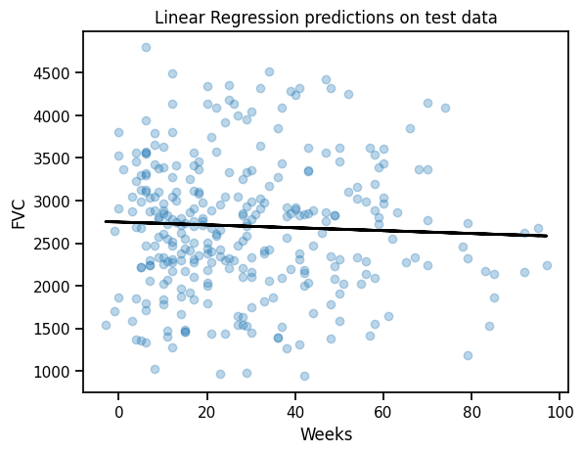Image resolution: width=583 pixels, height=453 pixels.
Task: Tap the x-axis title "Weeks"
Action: point(326,434)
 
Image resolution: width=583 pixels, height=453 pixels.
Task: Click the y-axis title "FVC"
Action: point(19,214)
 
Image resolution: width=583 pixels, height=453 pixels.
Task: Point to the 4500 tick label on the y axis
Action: point(52,73)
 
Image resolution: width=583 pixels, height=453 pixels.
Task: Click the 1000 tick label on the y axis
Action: point(52,372)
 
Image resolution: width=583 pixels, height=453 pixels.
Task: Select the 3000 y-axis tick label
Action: point(52,202)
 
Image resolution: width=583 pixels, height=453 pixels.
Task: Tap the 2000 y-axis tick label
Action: point(52,287)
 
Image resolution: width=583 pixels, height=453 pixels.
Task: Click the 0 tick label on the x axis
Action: point(118,412)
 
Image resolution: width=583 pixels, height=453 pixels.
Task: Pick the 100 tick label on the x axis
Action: point(560,412)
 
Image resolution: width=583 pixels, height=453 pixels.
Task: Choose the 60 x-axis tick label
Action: point(383,412)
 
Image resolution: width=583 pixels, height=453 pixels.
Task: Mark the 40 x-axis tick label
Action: point(295,412)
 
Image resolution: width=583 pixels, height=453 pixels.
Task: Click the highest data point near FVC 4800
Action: point(146,47)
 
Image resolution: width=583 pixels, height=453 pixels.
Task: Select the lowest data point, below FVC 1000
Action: point(304,376)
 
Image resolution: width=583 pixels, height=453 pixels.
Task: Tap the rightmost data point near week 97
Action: point(547,265)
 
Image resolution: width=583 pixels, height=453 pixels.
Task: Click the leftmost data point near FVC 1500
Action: point(106,326)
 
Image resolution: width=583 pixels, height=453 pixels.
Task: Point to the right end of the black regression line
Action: point(547,236)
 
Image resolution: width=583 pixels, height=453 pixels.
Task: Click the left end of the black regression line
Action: point(106,221)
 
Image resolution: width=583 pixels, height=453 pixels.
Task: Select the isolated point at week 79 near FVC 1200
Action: point(468,355)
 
